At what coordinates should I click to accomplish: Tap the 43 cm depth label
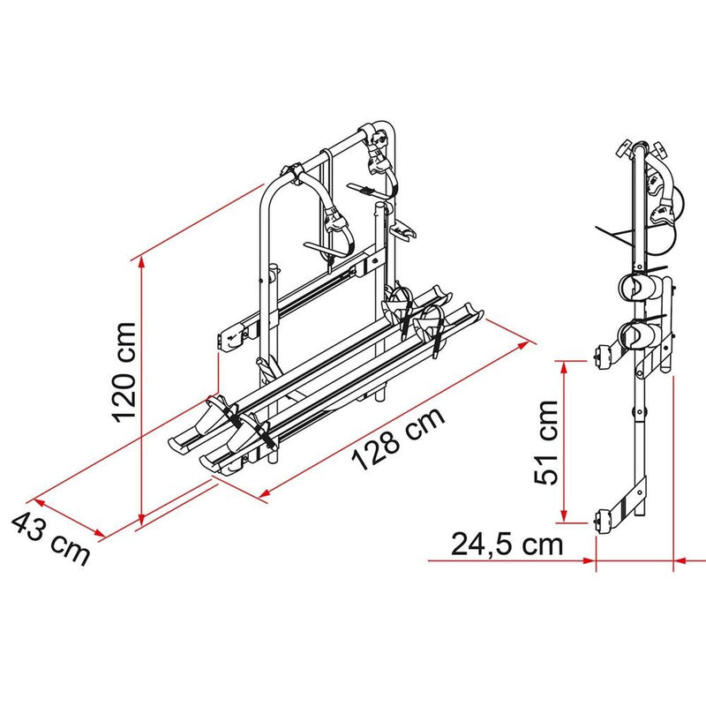[50, 539]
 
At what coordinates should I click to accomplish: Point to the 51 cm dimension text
[546, 441]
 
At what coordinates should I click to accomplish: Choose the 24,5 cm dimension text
[507, 544]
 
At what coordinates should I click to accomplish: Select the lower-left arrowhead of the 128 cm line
[262, 498]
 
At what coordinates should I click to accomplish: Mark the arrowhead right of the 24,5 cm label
[590, 560]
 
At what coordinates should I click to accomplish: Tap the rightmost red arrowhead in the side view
[680, 560]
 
